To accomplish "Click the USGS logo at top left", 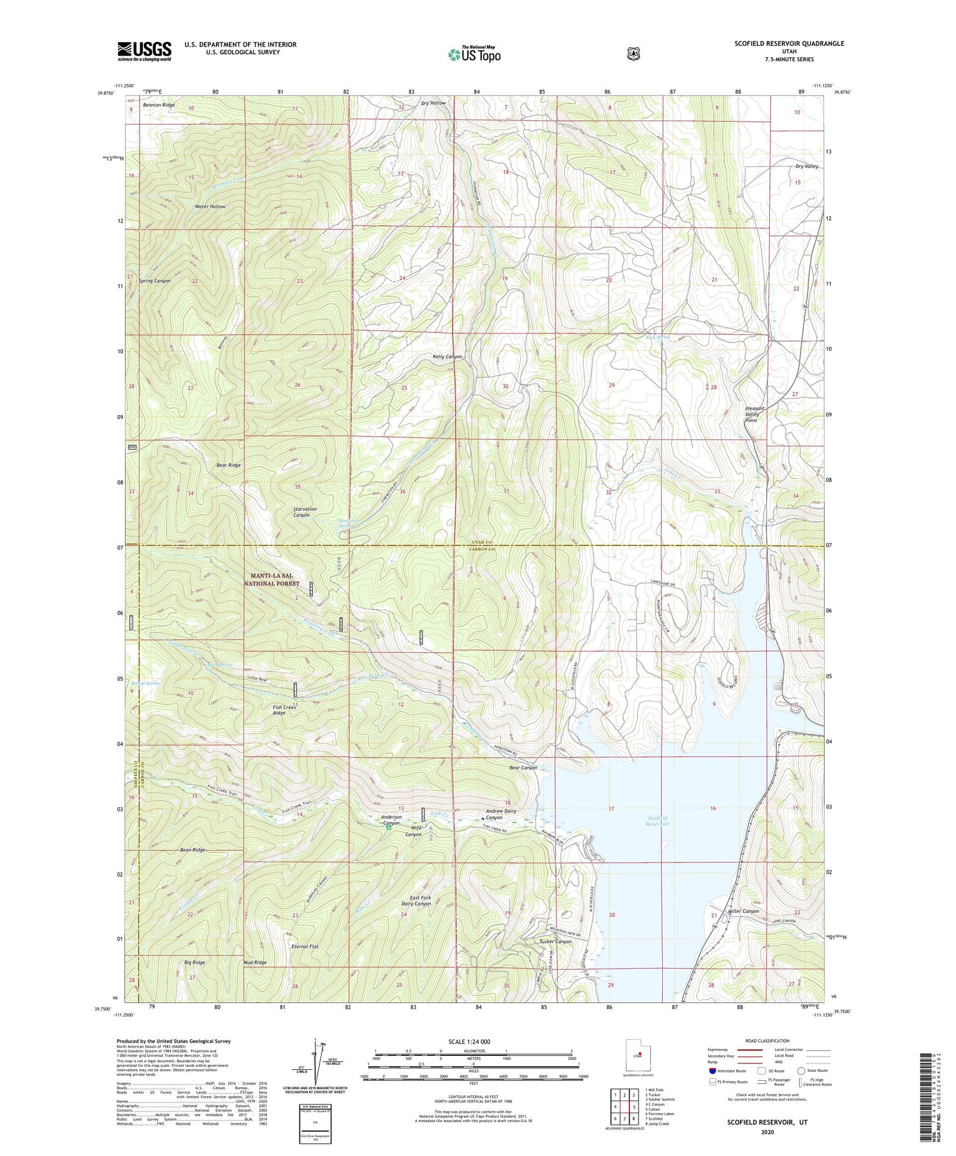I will [x=144, y=50].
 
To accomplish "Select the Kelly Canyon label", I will [x=447, y=356].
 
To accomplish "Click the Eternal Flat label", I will [x=305, y=946].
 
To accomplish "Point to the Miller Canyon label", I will [x=742, y=911].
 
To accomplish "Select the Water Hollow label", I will [x=210, y=207].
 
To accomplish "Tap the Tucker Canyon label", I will [x=555, y=941].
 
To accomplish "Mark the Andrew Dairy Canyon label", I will [x=501, y=814].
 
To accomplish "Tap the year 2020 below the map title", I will [x=767, y=1132].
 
